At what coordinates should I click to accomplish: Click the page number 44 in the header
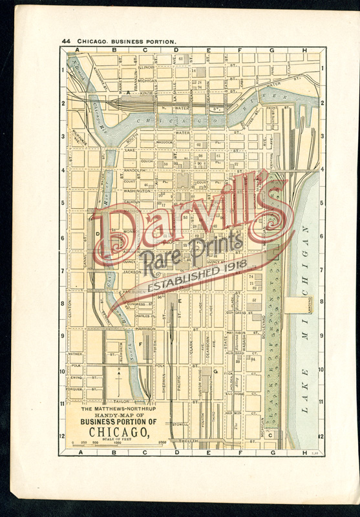pyautogui.click(x=66, y=41)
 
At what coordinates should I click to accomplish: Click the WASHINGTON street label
pyautogui.click(x=138, y=191)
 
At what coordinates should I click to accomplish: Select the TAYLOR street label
pyautogui.click(x=123, y=401)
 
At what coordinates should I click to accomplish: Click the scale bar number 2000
pyautogui.click(x=163, y=443)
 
